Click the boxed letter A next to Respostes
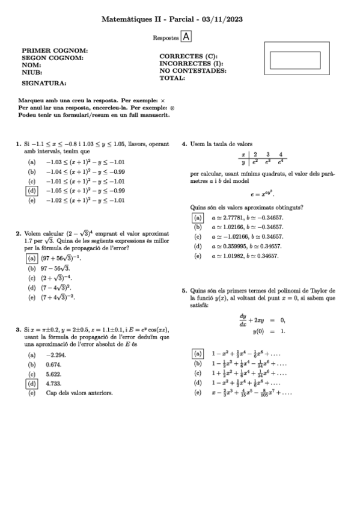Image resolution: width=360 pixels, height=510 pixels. (186, 37)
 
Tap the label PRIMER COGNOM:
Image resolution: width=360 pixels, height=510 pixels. (55, 51)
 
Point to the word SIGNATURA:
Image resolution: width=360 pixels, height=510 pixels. (44, 84)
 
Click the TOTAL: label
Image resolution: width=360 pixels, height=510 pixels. (172, 78)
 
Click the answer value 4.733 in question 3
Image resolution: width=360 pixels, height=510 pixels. (54, 383)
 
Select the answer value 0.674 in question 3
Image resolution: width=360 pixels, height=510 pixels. (54, 364)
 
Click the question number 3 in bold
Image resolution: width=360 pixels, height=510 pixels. (17, 330)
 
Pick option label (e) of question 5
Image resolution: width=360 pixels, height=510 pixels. (197, 393)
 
